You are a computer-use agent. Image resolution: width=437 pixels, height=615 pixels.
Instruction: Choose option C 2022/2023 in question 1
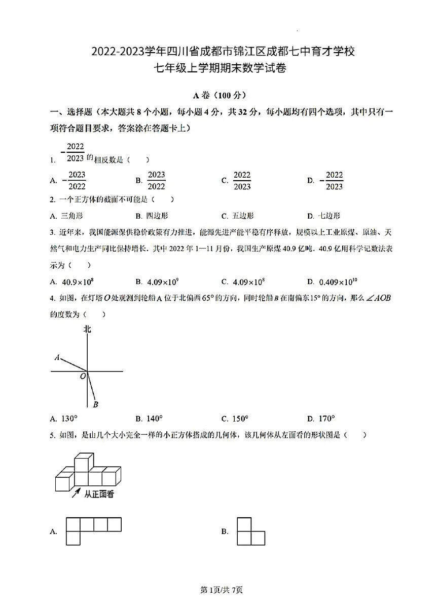[242, 180]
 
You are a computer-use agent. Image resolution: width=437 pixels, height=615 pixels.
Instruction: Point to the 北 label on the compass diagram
[87, 330]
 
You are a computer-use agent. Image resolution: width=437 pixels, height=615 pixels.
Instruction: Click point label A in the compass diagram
[57, 357]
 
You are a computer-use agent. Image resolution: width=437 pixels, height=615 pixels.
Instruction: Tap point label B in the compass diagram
[95, 404]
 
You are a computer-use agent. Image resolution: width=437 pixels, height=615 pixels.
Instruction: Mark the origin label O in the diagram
[82, 377]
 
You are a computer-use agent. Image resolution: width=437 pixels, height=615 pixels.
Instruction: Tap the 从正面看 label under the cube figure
[99, 494]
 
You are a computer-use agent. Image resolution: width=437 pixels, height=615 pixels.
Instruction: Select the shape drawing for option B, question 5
[250, 531]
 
